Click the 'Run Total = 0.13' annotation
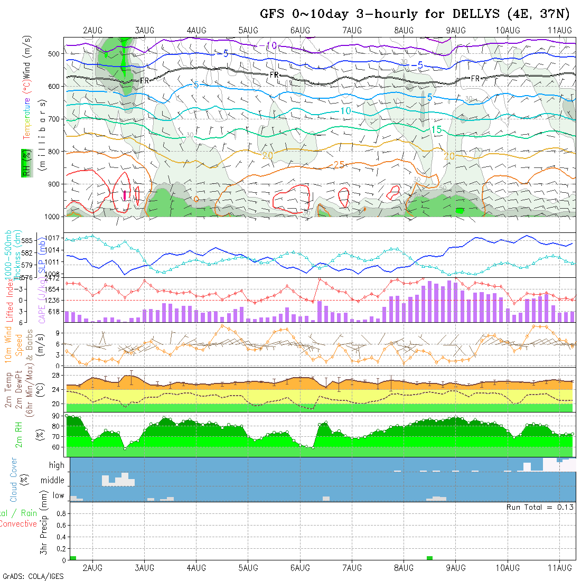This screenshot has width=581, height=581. pyautogui.click(x=540, y=507)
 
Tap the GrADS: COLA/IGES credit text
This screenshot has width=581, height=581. pyautogui.click(x=33, y=576)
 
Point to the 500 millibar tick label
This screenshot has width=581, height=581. pyautogui.click(x=53, y=53)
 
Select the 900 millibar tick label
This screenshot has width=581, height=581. pyautogui.click(x=53, y=184)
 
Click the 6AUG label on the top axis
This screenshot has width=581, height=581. pyautogui.click(x=299, y=30)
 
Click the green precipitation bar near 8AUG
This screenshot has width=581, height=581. pyautogui.click(x=429, y=558)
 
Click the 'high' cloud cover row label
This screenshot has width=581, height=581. pyautogui.click(x=57, y=465)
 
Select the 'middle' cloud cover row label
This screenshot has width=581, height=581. pyautogui.click(x=52, y=481)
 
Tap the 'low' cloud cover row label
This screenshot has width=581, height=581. pyautogui.click(x=58, y=495)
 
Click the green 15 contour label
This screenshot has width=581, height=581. pyautogui.click(x=436, y=130)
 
